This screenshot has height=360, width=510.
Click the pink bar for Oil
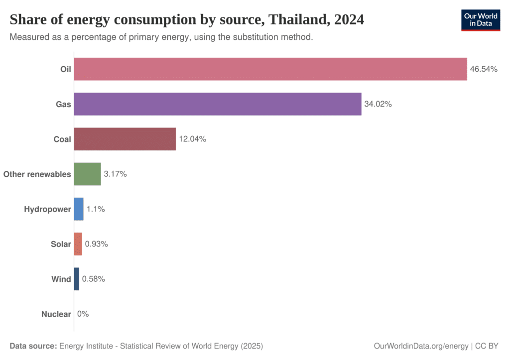pyautogui.click(x=270, y=69)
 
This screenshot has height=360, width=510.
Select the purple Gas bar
pyautogui.click(x=218, y=104)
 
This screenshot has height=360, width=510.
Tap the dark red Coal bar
pyautogui.click(x=125, y=139)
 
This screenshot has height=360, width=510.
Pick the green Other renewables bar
pyautogui.click(x=88, y=174)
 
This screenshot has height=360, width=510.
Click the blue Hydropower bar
pyautogui.click(x=79, y=209)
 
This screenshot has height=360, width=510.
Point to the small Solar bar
pyautogui.click(x=78, y=244)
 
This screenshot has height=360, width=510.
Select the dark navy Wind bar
pyautogui.click(x=77, y=279)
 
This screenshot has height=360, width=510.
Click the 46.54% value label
pyautogui.click(x=484, y=69)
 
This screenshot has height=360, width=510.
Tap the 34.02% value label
pyautogui.click(x=378, y=104)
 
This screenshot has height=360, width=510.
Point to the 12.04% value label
pyautogui.click(x=192, y=139)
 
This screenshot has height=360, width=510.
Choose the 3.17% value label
pyautogui.click(x=115, y=174)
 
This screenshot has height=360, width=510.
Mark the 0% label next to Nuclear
pyautogui.click(x=83, y=314)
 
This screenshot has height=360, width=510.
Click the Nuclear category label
pyautogui.click(x=56, y=314)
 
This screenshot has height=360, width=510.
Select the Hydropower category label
pyautogui.click(x=47, y=209)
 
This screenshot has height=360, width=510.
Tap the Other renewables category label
pyautogui.click(x=37, y=174)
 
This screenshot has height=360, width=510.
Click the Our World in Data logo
pyautogui.click(x=480, y=20)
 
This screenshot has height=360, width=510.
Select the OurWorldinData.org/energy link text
pyautogui.click(x=421, y=346)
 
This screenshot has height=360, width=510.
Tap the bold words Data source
pyautogui.click(x=33, y=346)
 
